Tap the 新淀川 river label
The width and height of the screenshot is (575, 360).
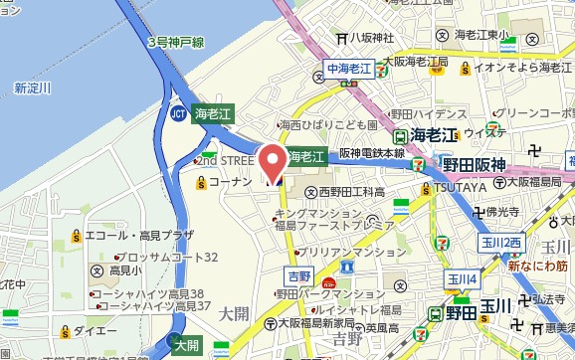pyautogui.click(x=33, y=89)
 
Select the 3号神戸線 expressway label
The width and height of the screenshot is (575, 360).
pyautogui.click(x=176, y=43)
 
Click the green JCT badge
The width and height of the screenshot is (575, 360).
pyautogui.click(x=177, y=113)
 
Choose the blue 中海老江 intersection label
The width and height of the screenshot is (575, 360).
pyautogui.click(x=348, y=68)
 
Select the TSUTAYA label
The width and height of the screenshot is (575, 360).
pyautogui.click(x=459, y=187)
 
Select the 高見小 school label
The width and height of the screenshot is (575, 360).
pyautogui.click(x=126, y=270)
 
